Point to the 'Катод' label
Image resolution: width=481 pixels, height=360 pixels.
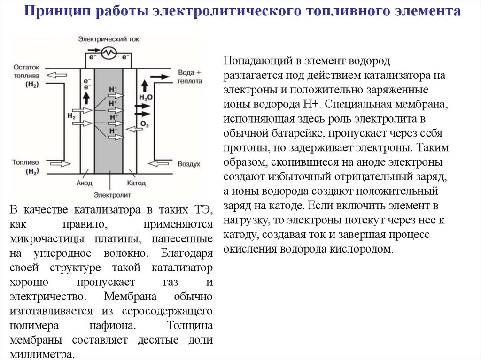[136, 183]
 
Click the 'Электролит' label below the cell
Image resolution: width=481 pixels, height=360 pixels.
[112, 194]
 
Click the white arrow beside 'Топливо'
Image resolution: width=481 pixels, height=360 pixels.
[59, 163]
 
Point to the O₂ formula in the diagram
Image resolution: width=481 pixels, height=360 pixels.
[145, 124]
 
